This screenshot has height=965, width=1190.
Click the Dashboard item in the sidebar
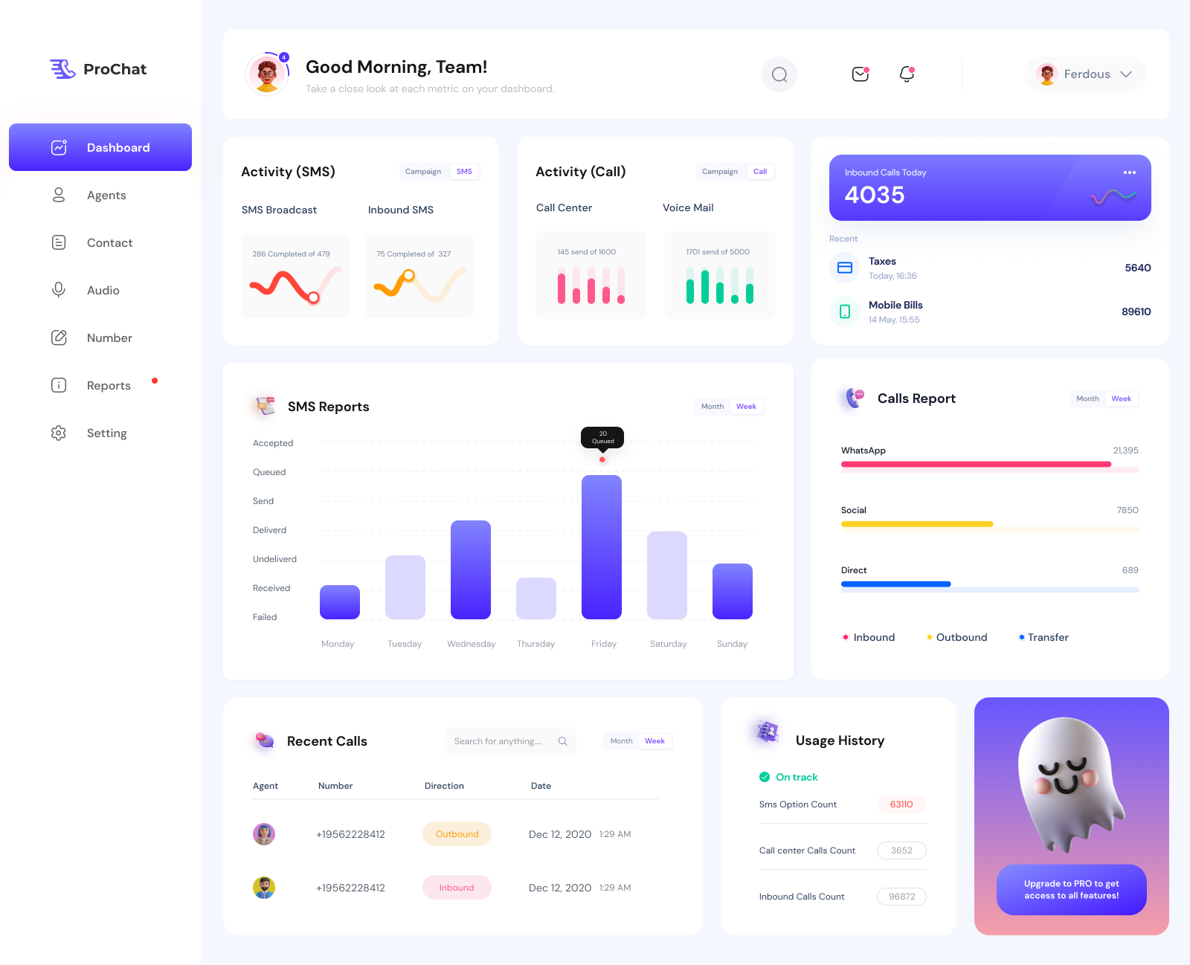pos(100,147)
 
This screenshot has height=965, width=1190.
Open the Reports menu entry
pos(109,385)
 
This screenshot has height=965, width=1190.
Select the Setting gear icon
pos(59,433)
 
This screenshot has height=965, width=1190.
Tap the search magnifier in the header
pos(779,74)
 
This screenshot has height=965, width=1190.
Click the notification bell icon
pos(907,74)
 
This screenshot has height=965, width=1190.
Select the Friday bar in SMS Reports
pos(602,546)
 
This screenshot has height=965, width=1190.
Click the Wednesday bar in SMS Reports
pos(471,569)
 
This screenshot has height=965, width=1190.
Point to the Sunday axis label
pos(732,644)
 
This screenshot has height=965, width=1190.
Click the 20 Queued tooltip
pos(602,437)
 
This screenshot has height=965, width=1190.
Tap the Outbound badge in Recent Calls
pos(457,834)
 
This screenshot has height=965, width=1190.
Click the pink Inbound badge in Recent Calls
pos(457,888)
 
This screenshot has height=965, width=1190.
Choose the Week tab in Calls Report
pos(1122,398)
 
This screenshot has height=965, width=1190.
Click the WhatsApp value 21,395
pos(1125,451)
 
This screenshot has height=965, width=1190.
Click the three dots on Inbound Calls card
pos(1130,172)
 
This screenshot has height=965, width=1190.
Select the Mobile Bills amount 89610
pos(1136,312)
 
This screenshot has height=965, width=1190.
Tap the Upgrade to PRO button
pos(1071,889)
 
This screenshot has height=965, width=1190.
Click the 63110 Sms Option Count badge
pos(901,804)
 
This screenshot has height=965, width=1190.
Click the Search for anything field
pos(498,741)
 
